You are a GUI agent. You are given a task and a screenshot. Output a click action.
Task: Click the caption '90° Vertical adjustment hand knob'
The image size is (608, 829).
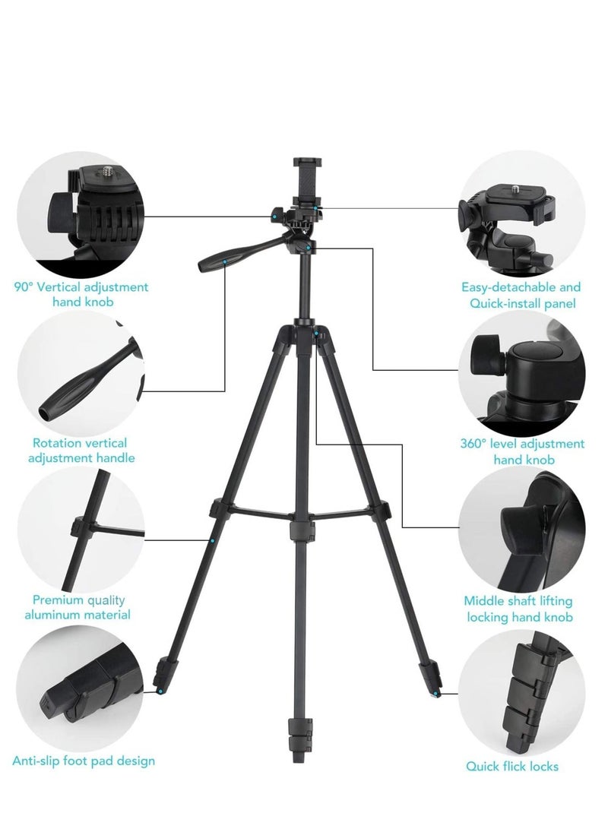pos(81,294)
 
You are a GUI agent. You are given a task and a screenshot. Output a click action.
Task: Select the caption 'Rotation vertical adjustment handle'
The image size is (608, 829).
pos(81,450)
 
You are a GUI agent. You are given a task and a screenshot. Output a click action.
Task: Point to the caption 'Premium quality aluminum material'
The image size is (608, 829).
pos(81,606)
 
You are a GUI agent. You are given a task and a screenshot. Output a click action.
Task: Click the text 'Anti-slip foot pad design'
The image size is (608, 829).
pos(84,760)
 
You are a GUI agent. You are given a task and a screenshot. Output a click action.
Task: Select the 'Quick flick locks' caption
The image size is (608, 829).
pos(523,766)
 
